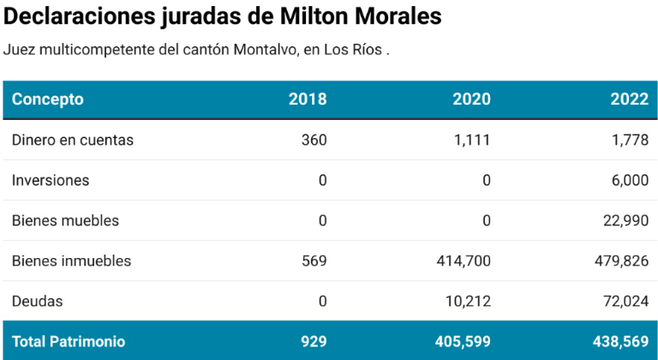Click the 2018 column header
pyautogui.click(x=308, y=99)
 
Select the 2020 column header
pyautogui.click(x=471, y=99)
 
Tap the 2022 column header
pyautogui.click(x=629, y=99)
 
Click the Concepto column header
pyautogui.click(x=48, y=99)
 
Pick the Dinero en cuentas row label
pyautogui.click(x=73, y=140)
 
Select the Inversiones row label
pyautogui.click(x=51, y=180)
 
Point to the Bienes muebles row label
pyautogui.click(x=65, y=220)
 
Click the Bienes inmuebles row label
pyautogui.click(x=71, y=261)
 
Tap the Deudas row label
pyautogui.click(x=38, y=301)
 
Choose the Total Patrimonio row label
pyautogui.click(x=69, y=341)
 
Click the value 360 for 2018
pyautogui.click(x=314, y=140)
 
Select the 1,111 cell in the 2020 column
pyautogui.click(x=472, y=140)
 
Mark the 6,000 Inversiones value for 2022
pyautogui.click(x=630, y=180)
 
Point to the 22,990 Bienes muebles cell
pyautogui.click(x=625, y=220)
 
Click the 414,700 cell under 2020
pyautogui.click(x=464, y=261)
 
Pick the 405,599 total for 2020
pyautogui.click(x=463, y=341)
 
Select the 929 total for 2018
pyautogui.click(x=314, y=341)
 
